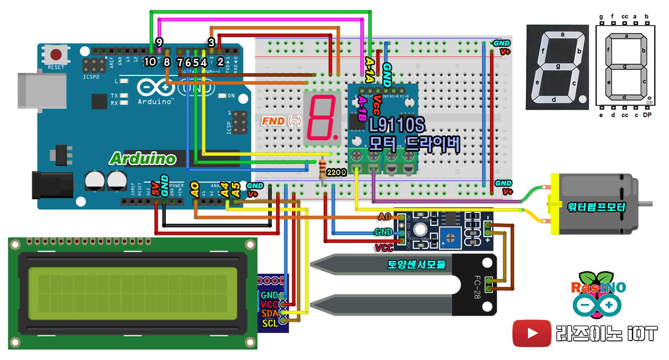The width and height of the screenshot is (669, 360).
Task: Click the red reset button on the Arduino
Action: coord(56,54)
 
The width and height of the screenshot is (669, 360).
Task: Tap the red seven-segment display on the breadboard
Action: coord(322,118)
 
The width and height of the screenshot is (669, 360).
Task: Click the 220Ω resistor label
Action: coord(336,172)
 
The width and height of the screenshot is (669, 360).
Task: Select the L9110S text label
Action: coord(397,125)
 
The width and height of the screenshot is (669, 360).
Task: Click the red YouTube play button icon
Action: coord(532,333)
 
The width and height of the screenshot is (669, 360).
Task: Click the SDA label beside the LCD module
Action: coord(269,313)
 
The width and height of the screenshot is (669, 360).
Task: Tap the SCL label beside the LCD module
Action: coord(270,323)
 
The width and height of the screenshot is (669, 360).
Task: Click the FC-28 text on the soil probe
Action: coord(477,287)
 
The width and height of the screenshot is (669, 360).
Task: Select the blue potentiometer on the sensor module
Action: coord(450,238)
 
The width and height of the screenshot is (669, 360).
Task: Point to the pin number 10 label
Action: coord(150,62)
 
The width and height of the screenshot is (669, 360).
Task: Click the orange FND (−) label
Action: coord(281,121)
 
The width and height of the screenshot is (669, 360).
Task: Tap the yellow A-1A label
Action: coord(369,70)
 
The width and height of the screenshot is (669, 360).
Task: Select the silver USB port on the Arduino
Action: coord(42,91)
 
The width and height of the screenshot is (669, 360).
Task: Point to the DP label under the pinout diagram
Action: coord(647,115)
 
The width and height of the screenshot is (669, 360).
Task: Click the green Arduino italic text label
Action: coord(143,159)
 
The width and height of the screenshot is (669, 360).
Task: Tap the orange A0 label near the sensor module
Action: coord(385,217)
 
